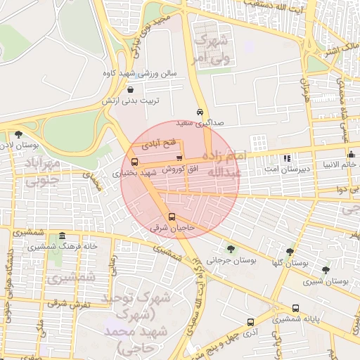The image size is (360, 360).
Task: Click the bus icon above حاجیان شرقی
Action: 172,217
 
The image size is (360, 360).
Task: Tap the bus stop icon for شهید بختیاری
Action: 134,162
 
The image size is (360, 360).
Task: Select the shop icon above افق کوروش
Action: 179,157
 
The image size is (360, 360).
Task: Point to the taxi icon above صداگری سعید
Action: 200,112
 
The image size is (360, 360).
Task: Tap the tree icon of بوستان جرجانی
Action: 231,249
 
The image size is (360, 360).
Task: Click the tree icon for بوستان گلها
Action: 290,251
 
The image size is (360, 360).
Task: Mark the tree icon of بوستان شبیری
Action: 325,269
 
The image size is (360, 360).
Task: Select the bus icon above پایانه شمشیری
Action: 295,308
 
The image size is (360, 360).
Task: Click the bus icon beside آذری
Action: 250,321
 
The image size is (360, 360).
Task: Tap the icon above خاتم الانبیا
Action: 351,154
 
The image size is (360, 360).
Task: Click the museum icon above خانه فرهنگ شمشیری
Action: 63,236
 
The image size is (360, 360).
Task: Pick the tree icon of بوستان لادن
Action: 18,134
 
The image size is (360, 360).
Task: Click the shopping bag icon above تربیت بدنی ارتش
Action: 131,89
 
